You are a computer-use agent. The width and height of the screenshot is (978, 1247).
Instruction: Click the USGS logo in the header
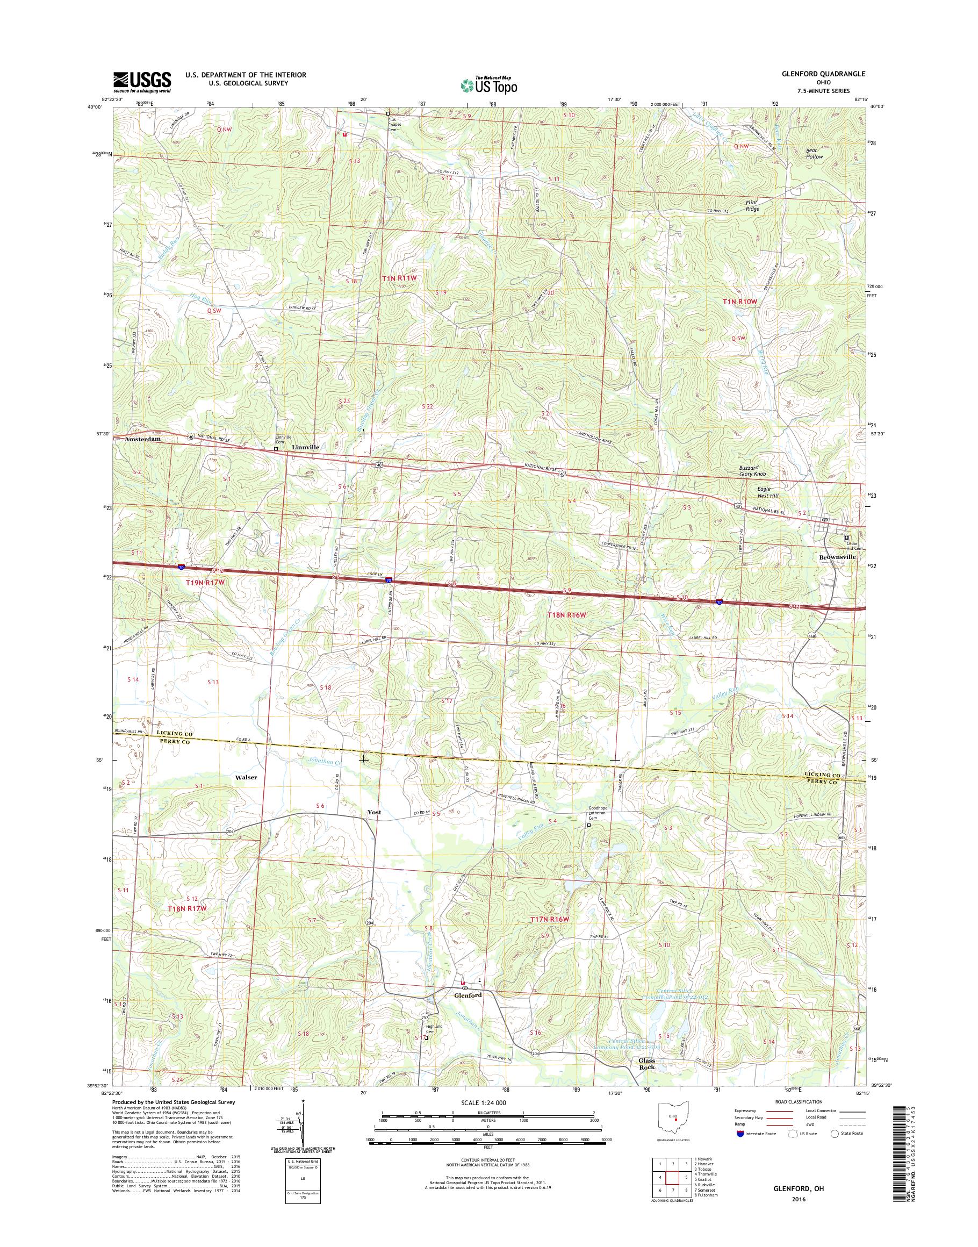pos(142,82)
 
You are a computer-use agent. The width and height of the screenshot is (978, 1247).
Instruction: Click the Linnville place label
pos(305,447)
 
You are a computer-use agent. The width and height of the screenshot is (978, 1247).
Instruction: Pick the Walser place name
pos(246,777)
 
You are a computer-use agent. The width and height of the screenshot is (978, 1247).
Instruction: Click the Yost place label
pos(374,812)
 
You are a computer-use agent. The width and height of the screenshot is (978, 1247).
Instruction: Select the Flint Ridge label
pos(752,206)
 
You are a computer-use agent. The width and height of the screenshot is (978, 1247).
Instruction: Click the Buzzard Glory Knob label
pos(751,471)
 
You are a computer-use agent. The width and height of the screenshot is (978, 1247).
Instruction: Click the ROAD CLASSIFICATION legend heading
pos(799,1101)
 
